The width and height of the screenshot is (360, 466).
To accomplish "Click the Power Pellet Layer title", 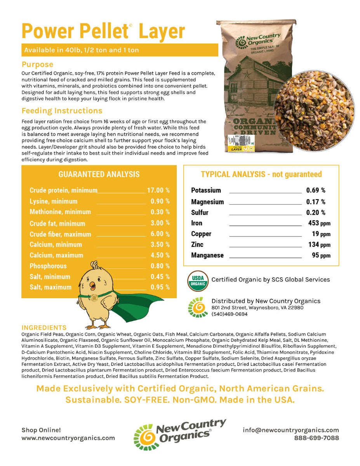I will [x=103, y=31].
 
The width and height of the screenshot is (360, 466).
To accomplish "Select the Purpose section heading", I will [x=37, y=64].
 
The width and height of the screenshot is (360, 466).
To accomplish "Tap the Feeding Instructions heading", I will [x=62, y=111].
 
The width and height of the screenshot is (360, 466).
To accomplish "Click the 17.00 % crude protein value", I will [x=158, y=190].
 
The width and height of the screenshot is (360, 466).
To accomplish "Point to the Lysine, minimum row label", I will [x=53, y=201].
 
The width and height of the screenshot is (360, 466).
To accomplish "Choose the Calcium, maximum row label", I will [x=56, y=255].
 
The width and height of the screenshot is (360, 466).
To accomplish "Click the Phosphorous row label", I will [x=48, y=266].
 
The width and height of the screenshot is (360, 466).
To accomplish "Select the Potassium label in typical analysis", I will [x=206, y=190].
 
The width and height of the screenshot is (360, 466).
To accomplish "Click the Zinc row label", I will [x=197, y=245].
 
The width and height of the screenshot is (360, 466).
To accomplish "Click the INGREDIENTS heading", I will [x=44, y=327].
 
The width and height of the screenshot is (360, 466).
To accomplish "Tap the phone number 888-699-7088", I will [x=316, y=438].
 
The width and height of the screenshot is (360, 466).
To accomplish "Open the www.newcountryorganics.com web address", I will [x=68, y=438].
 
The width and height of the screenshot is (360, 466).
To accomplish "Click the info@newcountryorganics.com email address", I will [x=291, y=430].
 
